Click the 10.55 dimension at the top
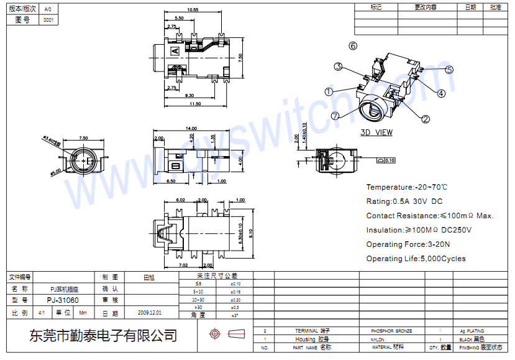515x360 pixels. click(193, 10)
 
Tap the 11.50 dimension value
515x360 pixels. click(195, 104)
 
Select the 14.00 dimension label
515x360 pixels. click(191, 129)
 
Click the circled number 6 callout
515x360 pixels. click(353, 46)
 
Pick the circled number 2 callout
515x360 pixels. click(426, 119)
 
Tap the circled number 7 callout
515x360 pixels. click(335, 116)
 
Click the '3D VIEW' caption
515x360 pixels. click(376, 132)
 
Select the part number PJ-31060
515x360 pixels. click(63, 300)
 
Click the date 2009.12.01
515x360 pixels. click(149, 313)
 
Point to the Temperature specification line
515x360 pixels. click(407, 187)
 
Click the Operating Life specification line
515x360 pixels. click(416, 259)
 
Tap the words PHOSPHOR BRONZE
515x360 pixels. click(391, 331)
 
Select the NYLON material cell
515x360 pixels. click(378, 339)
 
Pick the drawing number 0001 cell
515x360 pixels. click(48, 20)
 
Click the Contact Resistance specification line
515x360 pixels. click(429, 216)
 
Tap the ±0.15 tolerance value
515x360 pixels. click(235, 292)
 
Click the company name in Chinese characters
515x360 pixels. click(103, 336)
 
